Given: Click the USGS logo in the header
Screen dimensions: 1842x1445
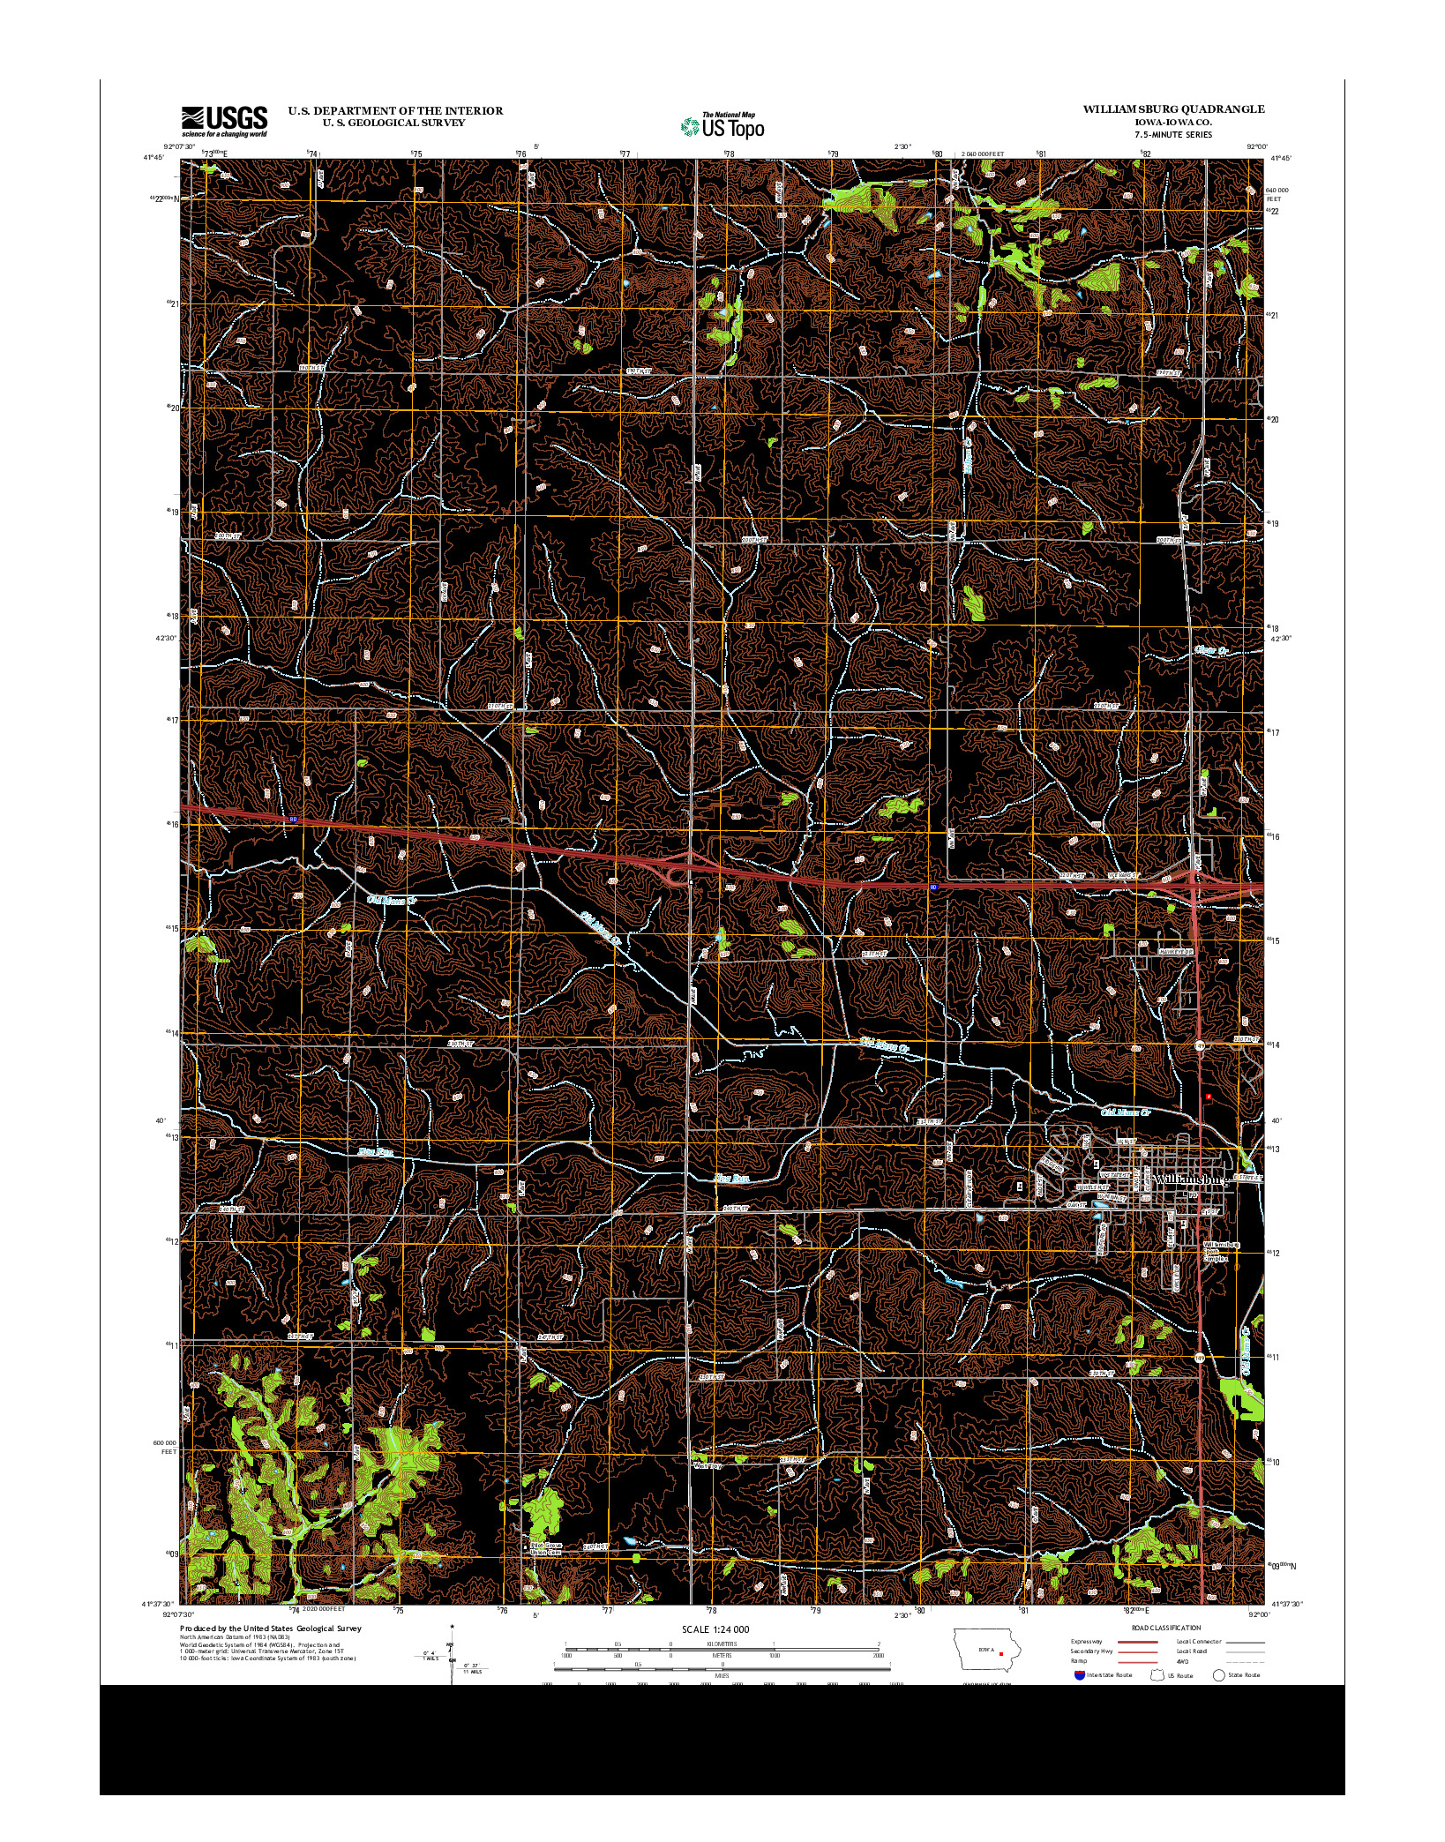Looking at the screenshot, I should click(x=224, y=121).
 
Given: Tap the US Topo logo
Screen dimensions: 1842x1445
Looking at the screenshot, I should click(x=722, y=126).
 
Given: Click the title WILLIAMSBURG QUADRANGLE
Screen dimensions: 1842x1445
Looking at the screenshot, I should click(x=1173, y=109).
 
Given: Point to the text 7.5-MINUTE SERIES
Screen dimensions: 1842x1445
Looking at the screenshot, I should click(x=1173, y=135).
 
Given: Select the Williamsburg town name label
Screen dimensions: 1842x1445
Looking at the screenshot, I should click(x=1190, y=1179).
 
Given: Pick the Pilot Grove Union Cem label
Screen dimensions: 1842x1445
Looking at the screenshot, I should click(x=545, y=1548).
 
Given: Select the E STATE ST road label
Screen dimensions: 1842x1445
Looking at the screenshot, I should click(x=1247, y=1178).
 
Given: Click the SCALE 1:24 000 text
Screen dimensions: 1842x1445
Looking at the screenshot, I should click(x=715, y=1629).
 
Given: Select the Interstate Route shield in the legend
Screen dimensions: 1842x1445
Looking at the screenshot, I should click(x=1079, y=1674).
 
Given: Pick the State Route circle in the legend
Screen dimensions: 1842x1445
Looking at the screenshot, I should click(x=1219, y=1674).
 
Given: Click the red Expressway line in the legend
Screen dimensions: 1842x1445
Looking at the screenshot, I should click(x=1138, y=1642).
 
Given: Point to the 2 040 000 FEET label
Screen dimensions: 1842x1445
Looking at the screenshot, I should click(x=983, y=153).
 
